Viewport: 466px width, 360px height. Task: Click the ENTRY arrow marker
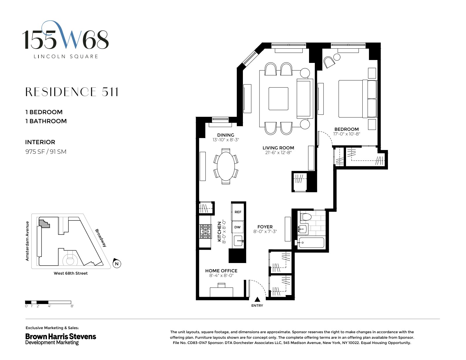[x=257, y=299]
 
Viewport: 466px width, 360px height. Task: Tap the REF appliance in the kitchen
[x=238, y=212]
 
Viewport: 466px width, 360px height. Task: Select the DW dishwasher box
[x=237, y=227]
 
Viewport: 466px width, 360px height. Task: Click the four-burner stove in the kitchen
[x=205, y=232]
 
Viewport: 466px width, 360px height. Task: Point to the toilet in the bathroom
[x=306, y=217]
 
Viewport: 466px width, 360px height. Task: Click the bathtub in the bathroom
[x=311, y=243]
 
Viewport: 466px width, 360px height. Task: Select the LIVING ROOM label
[x=278, y=148]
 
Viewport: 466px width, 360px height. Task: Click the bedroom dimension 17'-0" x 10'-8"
[x=347, y=134]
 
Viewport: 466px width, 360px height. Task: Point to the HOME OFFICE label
[x=221, y=271]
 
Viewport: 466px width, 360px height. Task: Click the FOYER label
[x=265, y=227]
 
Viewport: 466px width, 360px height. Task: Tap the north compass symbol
[x=116, y=264]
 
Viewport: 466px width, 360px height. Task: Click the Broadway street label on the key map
[x=101, y=238]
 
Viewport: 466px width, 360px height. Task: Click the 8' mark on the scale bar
[x=72, y=306]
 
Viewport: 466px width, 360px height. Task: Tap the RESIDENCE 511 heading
[x=72, y=92]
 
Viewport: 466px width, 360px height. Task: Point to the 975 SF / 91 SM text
[x=46, y=152]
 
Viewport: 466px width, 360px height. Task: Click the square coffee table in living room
[x=278, y=99]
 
